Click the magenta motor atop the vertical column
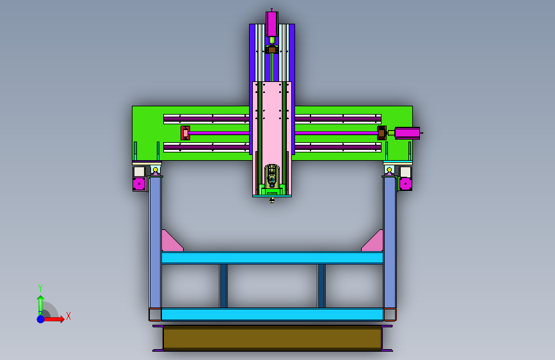pyautogui.click(x=272, y=24)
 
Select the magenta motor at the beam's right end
pyautogui.click(x=407, y=133)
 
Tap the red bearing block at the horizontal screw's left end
pyautogui.click(x=185, y=133)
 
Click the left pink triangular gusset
pyautogui.click(x=172, y=241)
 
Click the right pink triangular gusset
pyautogui.click(x=373, y=241)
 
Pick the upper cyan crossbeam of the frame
pyautogui.click(x=272, y=258)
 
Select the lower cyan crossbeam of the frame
pyautogui.click(x=272, y=315)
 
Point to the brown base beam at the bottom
pyautogui.click(x=272, y=338)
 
